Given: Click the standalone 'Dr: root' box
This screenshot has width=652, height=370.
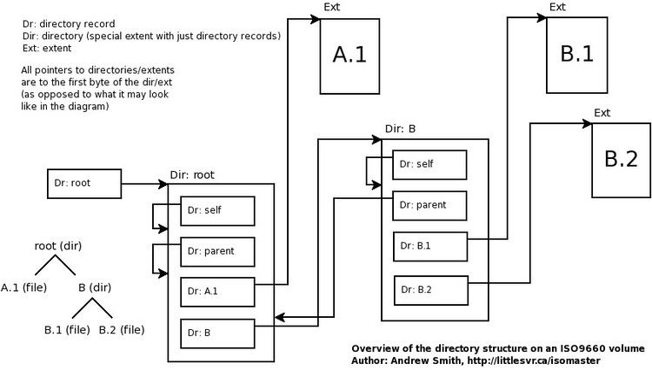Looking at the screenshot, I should pos(83,184).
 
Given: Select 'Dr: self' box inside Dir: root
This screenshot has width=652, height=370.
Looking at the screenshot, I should pos(217,211).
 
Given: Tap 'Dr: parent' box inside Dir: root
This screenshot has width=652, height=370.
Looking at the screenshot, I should pos(217,252).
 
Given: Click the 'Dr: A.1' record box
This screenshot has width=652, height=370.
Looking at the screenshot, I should pos(217,292).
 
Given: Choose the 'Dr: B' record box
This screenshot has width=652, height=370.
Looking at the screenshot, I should pos(217,333).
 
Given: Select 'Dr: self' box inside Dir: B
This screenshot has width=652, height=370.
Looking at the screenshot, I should pos(430,164).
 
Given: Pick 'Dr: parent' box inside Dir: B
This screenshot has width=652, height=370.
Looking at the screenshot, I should pos(430,205).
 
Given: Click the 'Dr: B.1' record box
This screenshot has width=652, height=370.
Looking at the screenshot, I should pos(430,246).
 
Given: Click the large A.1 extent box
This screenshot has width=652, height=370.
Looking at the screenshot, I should pos(349,56).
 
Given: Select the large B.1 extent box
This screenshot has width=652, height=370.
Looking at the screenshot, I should pos(575,54).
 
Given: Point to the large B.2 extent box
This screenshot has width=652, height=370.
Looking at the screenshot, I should pos(621,159).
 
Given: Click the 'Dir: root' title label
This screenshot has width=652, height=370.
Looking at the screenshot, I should pos(191,175).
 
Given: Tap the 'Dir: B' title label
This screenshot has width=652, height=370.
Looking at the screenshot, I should pos(400,129).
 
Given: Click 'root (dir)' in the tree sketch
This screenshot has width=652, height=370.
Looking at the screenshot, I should pos(58,246).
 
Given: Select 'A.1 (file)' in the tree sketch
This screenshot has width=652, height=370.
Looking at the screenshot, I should pos(23,287).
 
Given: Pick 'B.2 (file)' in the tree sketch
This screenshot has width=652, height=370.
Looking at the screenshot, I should pos(121,330).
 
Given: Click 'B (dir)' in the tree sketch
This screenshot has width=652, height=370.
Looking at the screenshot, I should pos(95,287).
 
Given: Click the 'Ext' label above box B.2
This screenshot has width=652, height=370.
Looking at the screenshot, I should pos(602,113).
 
